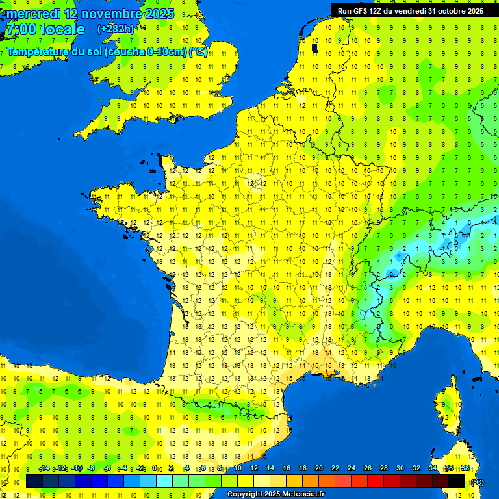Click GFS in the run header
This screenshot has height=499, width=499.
[363, 11]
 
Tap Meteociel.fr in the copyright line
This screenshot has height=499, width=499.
[298, 494]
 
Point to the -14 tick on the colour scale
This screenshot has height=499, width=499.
[44, 468]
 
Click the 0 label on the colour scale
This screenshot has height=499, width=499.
[155, 468]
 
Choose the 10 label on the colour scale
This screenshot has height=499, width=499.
[237, 468]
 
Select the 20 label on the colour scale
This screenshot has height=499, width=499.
[318, 468]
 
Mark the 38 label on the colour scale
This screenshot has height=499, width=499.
[465, 468]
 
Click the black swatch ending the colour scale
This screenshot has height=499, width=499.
[457, 481]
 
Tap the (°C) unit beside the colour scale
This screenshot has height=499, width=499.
[477, 481]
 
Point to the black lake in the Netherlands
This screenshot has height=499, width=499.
[315, 47]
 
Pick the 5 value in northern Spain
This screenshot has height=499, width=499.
[41, 391]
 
